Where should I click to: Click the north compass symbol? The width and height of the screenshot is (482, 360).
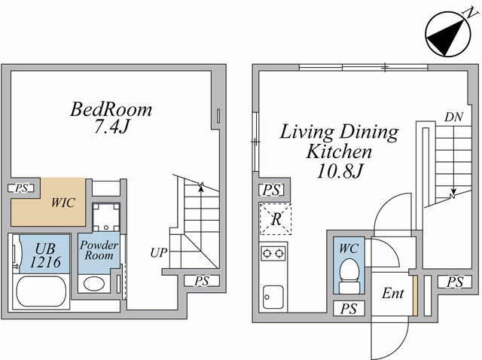coord(448,34)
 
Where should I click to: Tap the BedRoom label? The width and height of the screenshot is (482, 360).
coord(111,109)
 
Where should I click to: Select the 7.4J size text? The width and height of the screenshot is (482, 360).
coord(111,127)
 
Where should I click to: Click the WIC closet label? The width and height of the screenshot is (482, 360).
coord(63,203)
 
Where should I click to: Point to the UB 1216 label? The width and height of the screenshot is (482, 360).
coord(45,255)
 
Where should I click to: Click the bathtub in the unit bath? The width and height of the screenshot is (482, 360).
coord(41,291)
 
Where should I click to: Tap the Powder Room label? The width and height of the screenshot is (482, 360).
coord(99,250)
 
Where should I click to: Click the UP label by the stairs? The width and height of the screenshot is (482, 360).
coord(159,253)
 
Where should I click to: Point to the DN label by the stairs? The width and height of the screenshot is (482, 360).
coord(453,117)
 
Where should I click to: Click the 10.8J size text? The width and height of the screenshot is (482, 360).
coord(340,171)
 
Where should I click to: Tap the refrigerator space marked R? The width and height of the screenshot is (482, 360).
coord(276,219)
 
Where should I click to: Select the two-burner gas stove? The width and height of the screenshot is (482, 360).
coord(273,254)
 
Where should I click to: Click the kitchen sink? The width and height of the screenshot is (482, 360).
coord(273,297)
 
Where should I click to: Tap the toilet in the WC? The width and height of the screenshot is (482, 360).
coord(349,276)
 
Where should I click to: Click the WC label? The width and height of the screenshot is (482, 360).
coord(349,249)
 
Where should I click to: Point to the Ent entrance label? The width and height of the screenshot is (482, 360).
coord(392,293)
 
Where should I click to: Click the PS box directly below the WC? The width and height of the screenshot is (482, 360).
coord(349,308)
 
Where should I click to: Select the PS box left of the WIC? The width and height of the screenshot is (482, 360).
coord(20,188)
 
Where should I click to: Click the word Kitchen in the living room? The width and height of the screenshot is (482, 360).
coord(339,151)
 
